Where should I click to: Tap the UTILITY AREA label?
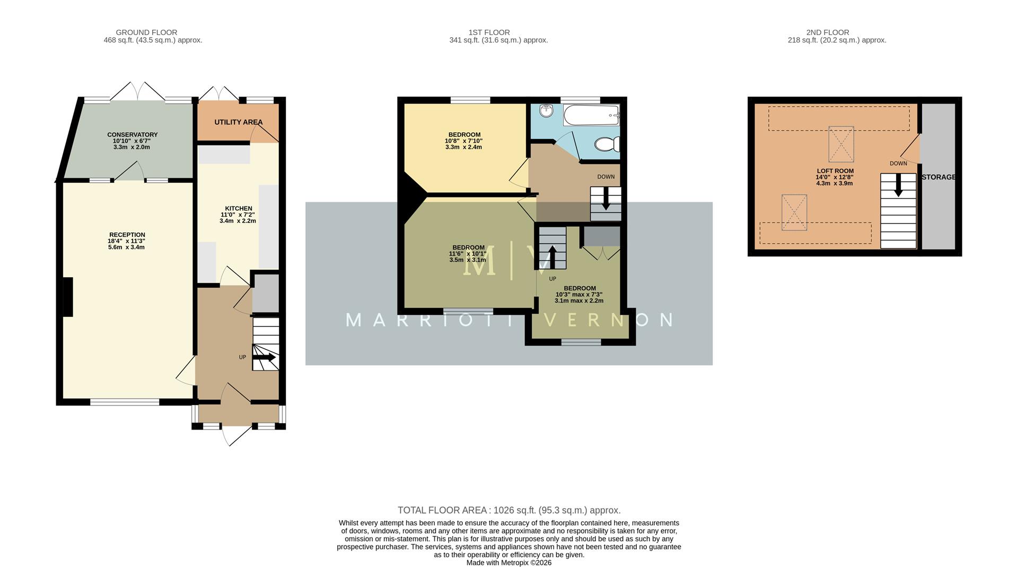(x=238, y=122)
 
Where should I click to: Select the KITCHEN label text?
(x=239, y=209)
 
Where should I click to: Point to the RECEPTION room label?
(x=127, y=235)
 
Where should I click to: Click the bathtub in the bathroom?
(x=591, y=115)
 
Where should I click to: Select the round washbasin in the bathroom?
(x=546, y=110)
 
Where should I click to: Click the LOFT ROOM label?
(x=835, y=171)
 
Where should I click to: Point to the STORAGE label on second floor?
(x=938, y=177)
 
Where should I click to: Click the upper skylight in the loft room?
(x=841, y=144)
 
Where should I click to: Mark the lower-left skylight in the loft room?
(x=794, y=212)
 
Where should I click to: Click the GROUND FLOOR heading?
(x=146, y=32)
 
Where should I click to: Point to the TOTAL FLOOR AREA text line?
(x=508, y=510)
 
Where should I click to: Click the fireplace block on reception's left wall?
(x=68, y=297)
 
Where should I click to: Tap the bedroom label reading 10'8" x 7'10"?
(x=464, y=141)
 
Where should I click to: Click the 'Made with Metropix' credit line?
(x=508, y=563)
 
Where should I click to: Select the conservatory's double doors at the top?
(x=137, y=91)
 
